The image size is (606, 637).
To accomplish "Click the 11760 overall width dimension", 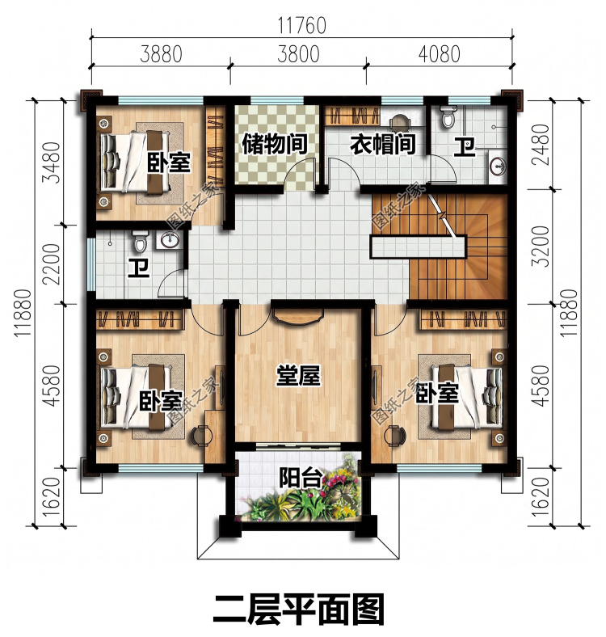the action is (301, 25).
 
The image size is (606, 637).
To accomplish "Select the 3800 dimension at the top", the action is (298, 54).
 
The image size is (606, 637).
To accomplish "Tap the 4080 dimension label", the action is (440, 54).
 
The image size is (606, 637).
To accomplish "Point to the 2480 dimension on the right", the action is (541, 144).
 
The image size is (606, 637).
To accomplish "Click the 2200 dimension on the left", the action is (53, 264).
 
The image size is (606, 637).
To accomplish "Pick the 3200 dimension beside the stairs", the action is (541, 247).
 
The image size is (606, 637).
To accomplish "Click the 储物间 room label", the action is (274, 144).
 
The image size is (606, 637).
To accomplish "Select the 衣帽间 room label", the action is (382, 144).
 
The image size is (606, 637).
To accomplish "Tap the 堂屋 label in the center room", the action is (298, 375).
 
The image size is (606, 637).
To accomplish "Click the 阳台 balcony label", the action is (301, 477).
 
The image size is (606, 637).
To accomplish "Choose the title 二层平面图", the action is (298, 610).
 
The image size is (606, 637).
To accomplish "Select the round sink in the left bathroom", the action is (170, 240).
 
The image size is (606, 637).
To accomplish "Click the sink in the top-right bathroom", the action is (498, 167).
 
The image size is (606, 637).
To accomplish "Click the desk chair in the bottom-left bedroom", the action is (201, 436).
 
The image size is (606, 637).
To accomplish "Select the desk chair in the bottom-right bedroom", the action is (396, 436).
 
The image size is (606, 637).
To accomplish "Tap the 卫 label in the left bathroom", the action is (138, 268).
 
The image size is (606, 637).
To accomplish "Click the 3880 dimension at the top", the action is (161, 54).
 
